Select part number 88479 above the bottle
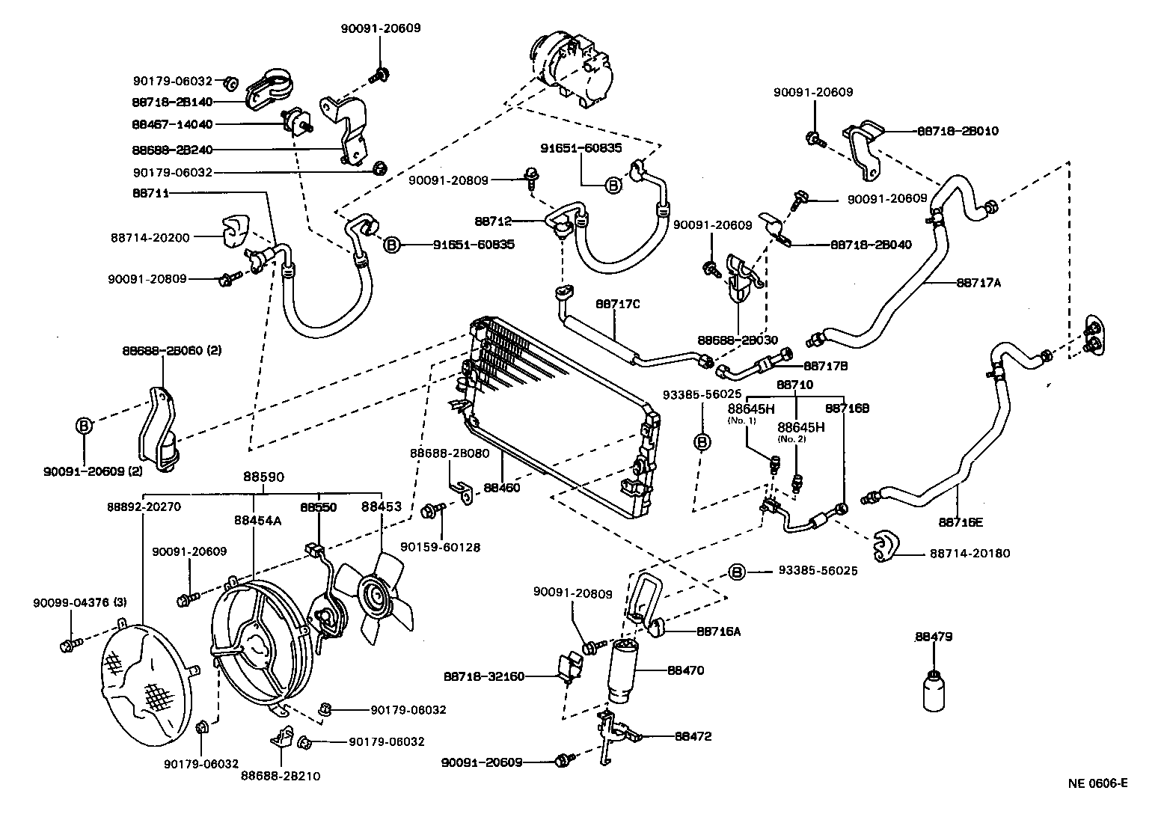[933, 637]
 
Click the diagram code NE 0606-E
[1097, 783]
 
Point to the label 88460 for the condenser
[501, 487]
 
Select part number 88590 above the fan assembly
[265, 477]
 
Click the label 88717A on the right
[978, 283]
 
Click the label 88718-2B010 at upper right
[957, 131]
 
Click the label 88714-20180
[970, 554]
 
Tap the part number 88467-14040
[172, 124]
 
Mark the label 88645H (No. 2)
[800, 428]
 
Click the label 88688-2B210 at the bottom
[280, 776]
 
